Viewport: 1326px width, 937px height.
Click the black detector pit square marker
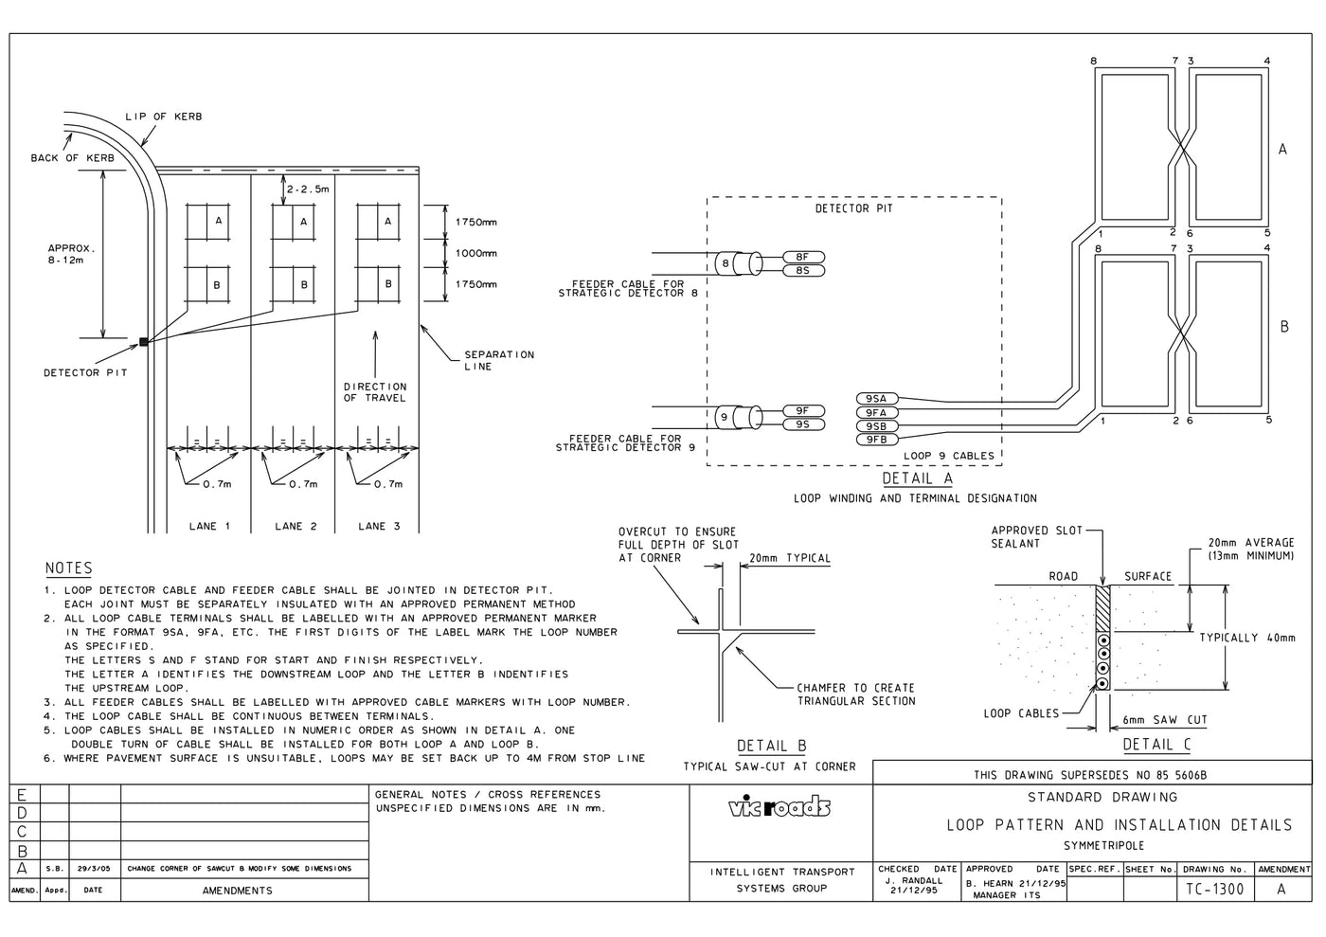[x=144, y=342]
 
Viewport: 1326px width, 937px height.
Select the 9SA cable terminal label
[x=876, y=399]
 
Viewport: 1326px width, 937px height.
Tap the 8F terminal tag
[x=803, y=257]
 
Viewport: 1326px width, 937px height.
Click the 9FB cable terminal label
[x=876, y=440]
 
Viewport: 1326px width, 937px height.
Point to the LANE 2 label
[x=296, y=526]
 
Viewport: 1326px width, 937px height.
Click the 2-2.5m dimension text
[x=308, y=189]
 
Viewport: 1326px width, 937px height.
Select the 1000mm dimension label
[x=475, y=253]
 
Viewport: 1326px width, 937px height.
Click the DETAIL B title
[x=771, y=747]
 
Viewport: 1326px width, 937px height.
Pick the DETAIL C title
[x=1156, y=745]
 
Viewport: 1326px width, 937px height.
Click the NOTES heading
[x=69, y=568]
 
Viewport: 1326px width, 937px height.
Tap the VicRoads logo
[x=779, y=806]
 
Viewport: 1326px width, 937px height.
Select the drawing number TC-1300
[x=1215, y=889]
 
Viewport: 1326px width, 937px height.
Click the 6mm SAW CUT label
[x=1164, y=720]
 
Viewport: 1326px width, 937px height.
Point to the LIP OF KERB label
[x=163, y=117]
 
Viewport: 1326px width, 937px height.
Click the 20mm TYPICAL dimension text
[x=789, y=558]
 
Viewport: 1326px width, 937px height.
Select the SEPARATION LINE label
[x=498, y=360]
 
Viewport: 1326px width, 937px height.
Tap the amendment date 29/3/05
[x=94, y=868]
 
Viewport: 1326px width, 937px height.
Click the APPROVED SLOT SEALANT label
[x=1035, y=537]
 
